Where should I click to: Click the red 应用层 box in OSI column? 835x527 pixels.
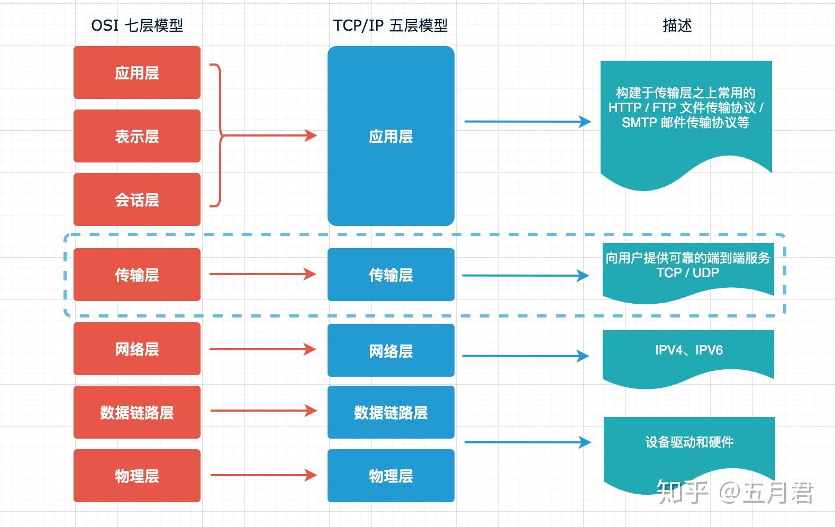click(137, 72)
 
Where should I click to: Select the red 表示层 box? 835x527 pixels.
click(137, 136)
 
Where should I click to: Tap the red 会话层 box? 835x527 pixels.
click(137, 199)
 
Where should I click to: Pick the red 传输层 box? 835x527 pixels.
click(137, 275)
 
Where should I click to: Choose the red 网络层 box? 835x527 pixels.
click(137, 349)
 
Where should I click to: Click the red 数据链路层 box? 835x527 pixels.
click(137, 412)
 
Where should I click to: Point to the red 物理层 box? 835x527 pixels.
click(137, 476)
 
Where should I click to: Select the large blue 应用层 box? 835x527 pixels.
click(391, 136)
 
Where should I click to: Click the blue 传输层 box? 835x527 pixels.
click(391, 275)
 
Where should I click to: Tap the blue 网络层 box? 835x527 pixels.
click(391, 350)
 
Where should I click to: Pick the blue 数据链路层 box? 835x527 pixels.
click(391, 412)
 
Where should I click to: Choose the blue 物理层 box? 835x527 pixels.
click(391, 476)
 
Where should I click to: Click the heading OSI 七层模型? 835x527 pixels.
click(137, 25)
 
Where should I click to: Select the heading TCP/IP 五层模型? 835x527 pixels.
click(390, 25)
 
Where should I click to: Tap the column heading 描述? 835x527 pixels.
click(677, 25)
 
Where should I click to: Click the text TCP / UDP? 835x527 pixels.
click(687, 273)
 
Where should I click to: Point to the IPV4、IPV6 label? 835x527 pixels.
click(688, 350)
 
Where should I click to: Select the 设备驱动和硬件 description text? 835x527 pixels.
click(689, 442)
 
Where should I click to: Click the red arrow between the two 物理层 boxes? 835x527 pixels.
click(263, 475)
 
